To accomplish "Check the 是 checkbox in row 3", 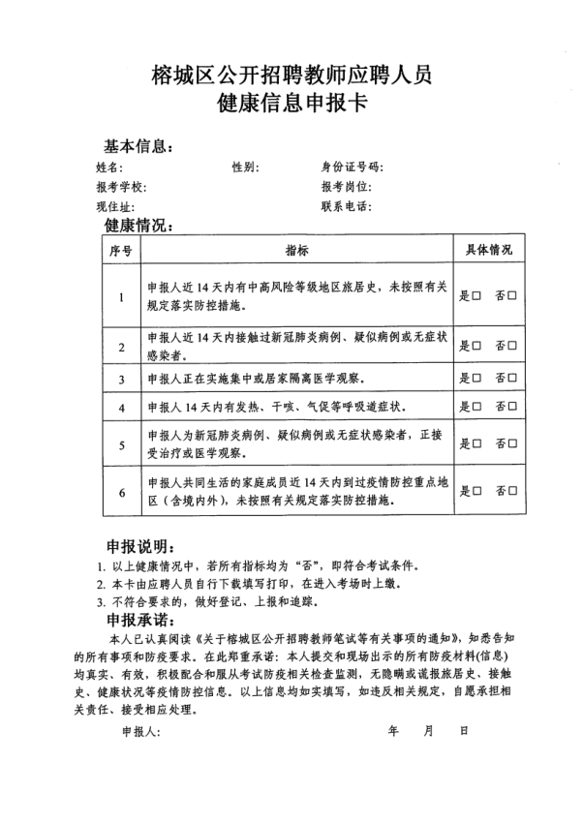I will (476, 378).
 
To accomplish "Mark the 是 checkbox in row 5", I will (476, 444).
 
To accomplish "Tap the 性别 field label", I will (244, 168).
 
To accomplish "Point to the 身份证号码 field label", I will (353, 168).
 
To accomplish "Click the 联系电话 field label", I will (346, 206).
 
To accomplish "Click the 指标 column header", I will (296, 251).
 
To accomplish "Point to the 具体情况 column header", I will (490, 251).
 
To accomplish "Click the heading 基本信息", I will (138, 146).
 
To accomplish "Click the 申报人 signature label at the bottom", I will (140, 732).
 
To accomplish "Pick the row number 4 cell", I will (122, 408).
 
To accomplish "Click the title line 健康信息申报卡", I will (292, 103).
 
